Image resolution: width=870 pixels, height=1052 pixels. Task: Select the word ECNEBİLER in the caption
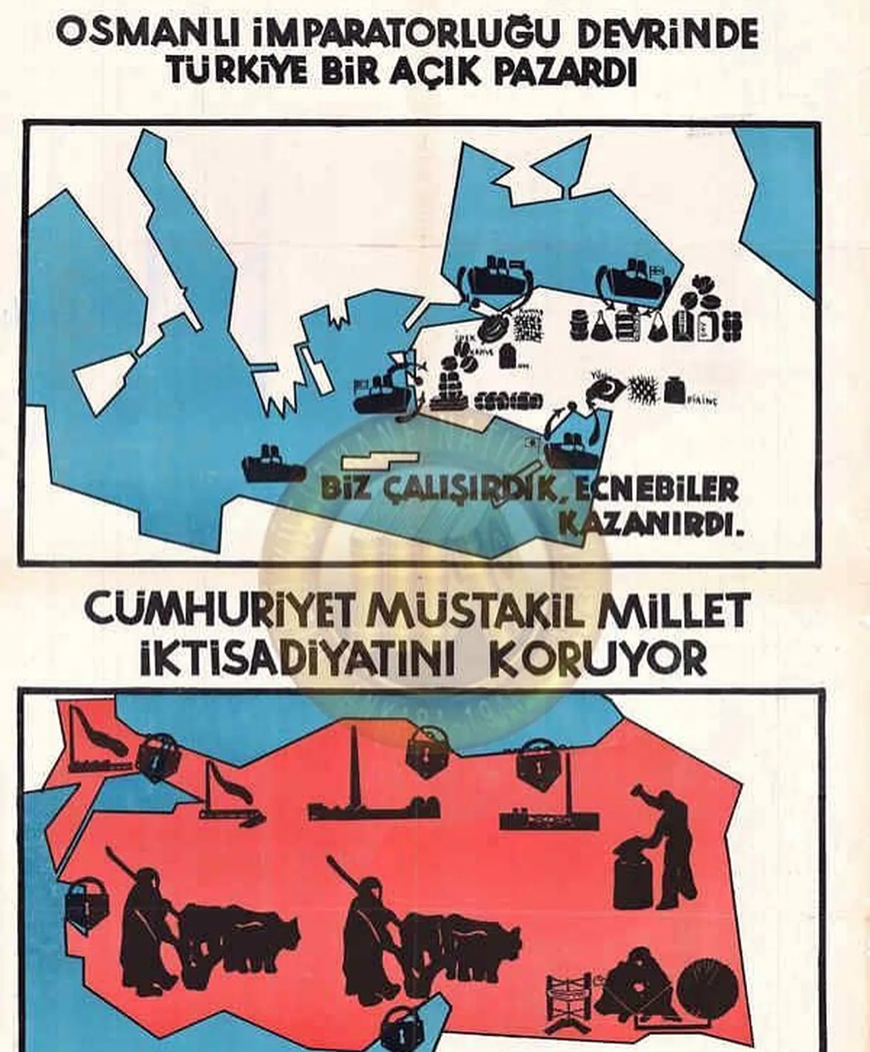(x=657, y=489)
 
